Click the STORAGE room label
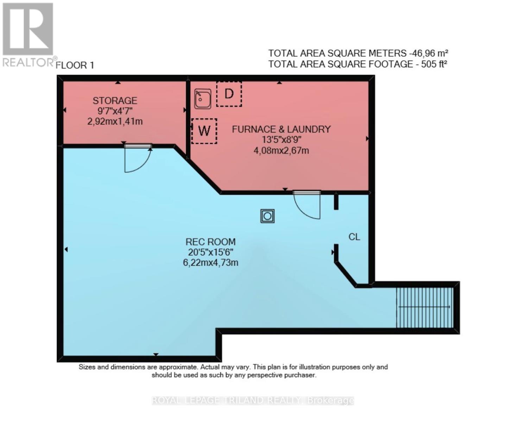(x=115, y=101)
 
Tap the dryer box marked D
(x=229, y=94)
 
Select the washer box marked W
(x=204, y=131)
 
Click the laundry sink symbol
(x=203, y=98)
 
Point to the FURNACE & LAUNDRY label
(x=281, y=129)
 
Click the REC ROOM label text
(x=210, y=242)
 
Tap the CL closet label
(x=354, y=237)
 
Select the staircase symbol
(x=425, y=307)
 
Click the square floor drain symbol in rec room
(x=267, y=216)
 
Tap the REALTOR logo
(x=28, y=35)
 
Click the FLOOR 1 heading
(x=75, y=65)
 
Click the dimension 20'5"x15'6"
(x=210, y=252)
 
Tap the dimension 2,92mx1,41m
(x=115, y=122)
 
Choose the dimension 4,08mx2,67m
(x=281, y=151)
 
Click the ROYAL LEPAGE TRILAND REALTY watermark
(x=253, y=401)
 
